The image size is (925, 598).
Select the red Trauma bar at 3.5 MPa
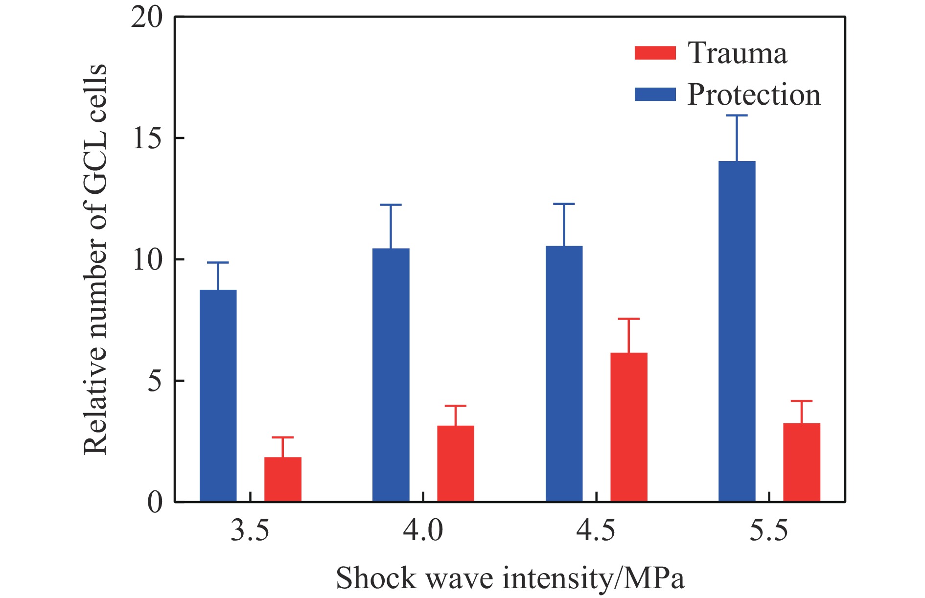click(x=283, y=479)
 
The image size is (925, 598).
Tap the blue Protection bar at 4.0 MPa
click(x=391, y=375)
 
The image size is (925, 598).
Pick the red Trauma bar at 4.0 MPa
click(x=455, y=463)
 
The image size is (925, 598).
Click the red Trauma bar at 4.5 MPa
click(x=628, y=427)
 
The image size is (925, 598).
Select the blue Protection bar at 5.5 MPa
click(x=737, y=331)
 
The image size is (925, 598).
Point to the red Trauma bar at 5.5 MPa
click(x=802, y=462)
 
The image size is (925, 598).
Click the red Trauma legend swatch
click(x=655, y=53)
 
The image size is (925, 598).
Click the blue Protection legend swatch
click(x=655, y=94)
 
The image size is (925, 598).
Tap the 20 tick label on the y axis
click(x=146, y=18)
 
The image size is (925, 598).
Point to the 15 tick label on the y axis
click(x=146, y=138)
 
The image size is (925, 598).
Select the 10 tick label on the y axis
click(x=146, y=260)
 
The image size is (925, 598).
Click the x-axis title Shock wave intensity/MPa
click(x=510, y=578)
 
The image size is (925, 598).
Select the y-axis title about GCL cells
click(x=95, y=259)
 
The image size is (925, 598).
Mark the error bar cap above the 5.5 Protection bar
click(x=737, y=115)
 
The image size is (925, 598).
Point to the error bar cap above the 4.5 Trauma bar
click(x=628, y=319)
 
